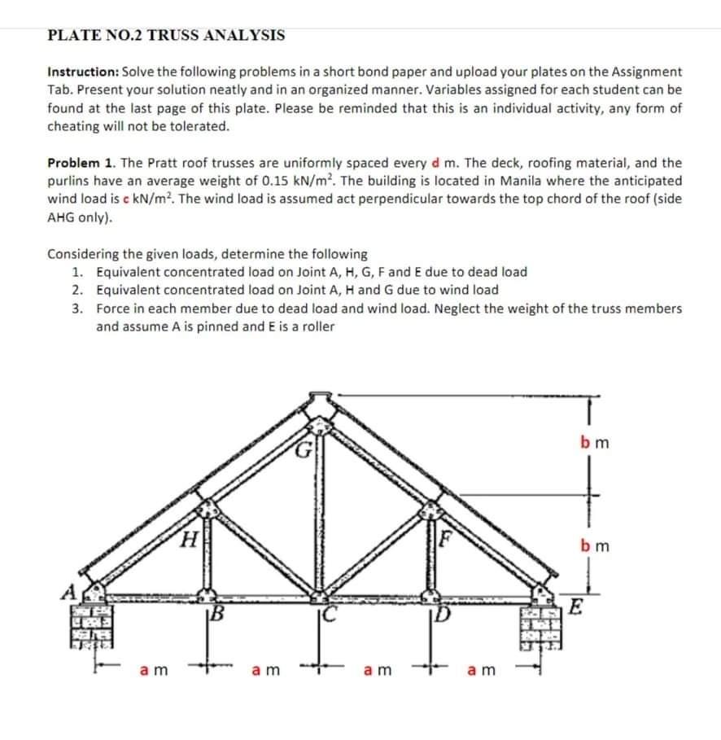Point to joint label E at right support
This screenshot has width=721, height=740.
click(x=576, y=606)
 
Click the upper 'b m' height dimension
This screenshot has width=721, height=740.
click(x=596, y=444)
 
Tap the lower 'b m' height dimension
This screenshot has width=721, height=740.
click(x=596, y=545)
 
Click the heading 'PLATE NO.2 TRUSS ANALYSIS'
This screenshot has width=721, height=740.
click(x=166, y=35)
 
